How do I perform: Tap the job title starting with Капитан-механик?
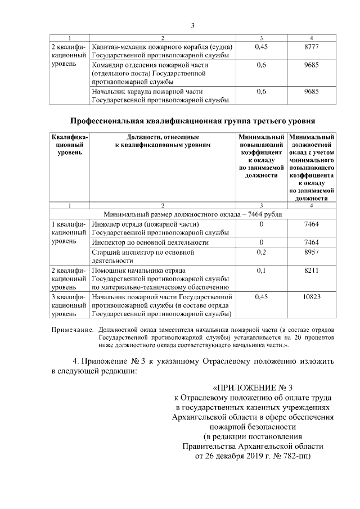tap(162, 51)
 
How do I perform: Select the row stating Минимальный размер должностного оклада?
tap(193, 214)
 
